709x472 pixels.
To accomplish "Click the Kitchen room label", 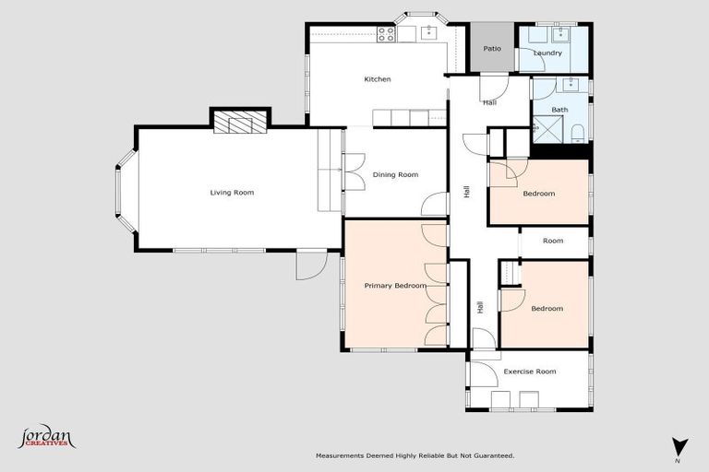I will click(x=377, y=79).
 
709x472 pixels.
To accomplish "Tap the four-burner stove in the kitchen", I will click(x=386, y=34).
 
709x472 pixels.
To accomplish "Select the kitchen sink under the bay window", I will click(x=428, y=32).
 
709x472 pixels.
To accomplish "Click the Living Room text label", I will click(x=231, y=193).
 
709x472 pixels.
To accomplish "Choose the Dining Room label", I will click(x=395, y=174).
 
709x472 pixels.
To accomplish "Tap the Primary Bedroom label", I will click(x=394, y=286).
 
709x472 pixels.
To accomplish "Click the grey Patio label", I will click(x=492, y=48).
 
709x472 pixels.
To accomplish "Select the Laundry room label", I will click(x=547, y=53).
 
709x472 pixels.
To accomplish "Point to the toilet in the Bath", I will click(x=576, y=131).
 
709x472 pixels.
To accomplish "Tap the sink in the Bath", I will click(x=571, y=84).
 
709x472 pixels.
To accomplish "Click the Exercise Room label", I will click(x=529, y=372).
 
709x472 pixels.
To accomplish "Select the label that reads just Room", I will click(x=552, y=241).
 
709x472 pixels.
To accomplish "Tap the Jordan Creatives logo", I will click(x=46, y=436).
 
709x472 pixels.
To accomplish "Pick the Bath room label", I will click(x=559, y=110).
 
